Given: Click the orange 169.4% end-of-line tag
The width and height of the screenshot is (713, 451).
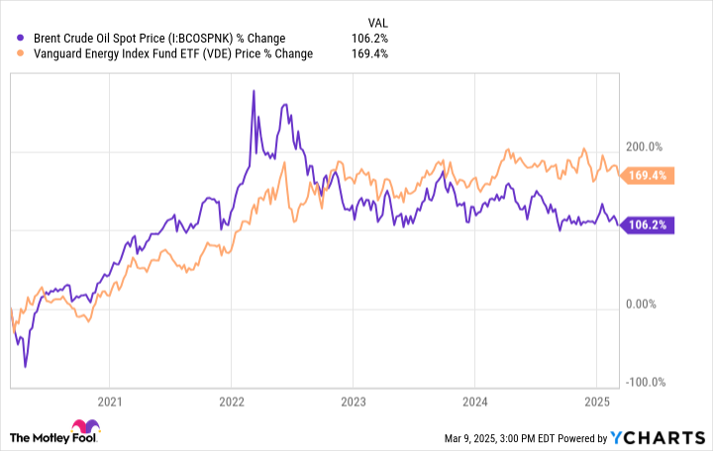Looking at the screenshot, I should [650, 176].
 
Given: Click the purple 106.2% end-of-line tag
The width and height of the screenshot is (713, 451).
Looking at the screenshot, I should [650, 225].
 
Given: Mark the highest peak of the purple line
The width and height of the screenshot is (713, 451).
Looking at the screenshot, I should [254, 91].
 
